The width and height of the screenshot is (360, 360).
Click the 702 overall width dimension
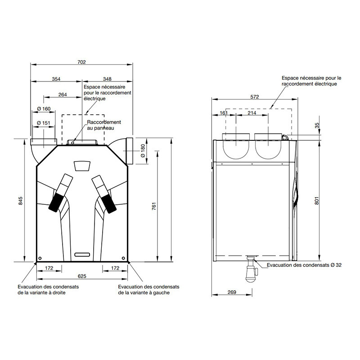tap(81, 62)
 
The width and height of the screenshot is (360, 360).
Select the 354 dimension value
tap(56, 79)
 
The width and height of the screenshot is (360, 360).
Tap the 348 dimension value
tap(108, 79)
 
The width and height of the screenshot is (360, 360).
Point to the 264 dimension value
tap(63, 94)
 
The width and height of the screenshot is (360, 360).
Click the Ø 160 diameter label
tap(44, 109)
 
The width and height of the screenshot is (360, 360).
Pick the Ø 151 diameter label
tap(44, 123)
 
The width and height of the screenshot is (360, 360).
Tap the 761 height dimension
tap(154, 206)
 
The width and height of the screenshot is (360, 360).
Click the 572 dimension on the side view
tap(255, 97)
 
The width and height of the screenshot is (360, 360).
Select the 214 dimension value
tap(252, 113)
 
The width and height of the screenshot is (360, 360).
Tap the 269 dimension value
tap(232, 292)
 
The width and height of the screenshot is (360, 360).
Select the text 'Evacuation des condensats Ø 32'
tap(304, 265)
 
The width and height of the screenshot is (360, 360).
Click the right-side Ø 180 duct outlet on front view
tap(129, 151)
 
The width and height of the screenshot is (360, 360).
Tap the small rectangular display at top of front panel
tap(81, 166)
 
